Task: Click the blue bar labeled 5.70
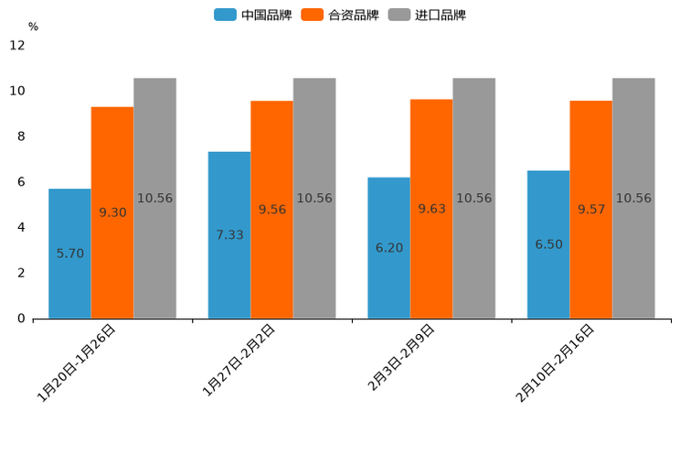69,254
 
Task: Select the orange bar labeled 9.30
112,212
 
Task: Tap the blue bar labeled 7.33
229,235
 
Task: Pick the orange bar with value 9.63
431,209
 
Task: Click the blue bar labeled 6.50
548,244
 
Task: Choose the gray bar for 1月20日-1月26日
154,198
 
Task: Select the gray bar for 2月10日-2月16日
633,198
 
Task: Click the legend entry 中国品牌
252,15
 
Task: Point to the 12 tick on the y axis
17,45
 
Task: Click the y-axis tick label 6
21,182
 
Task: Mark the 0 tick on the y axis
21,319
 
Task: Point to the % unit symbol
33,27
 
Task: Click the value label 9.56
272,210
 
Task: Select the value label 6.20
388,248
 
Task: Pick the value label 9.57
591,210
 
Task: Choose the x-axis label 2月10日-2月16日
556,362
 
